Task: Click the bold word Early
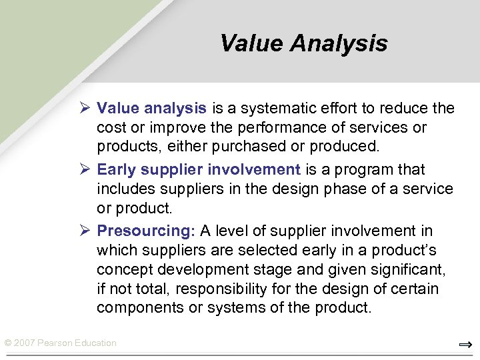pyautogui.click(x=118, y=169)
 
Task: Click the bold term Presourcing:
pyautogui.click(x=146, y=231)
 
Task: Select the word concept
pyautogui.click(x=121, y=270)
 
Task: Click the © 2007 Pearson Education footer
pyautogui.click(x=60, y=343)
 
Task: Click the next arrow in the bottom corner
pyautogui.click(x=465, y=345)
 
